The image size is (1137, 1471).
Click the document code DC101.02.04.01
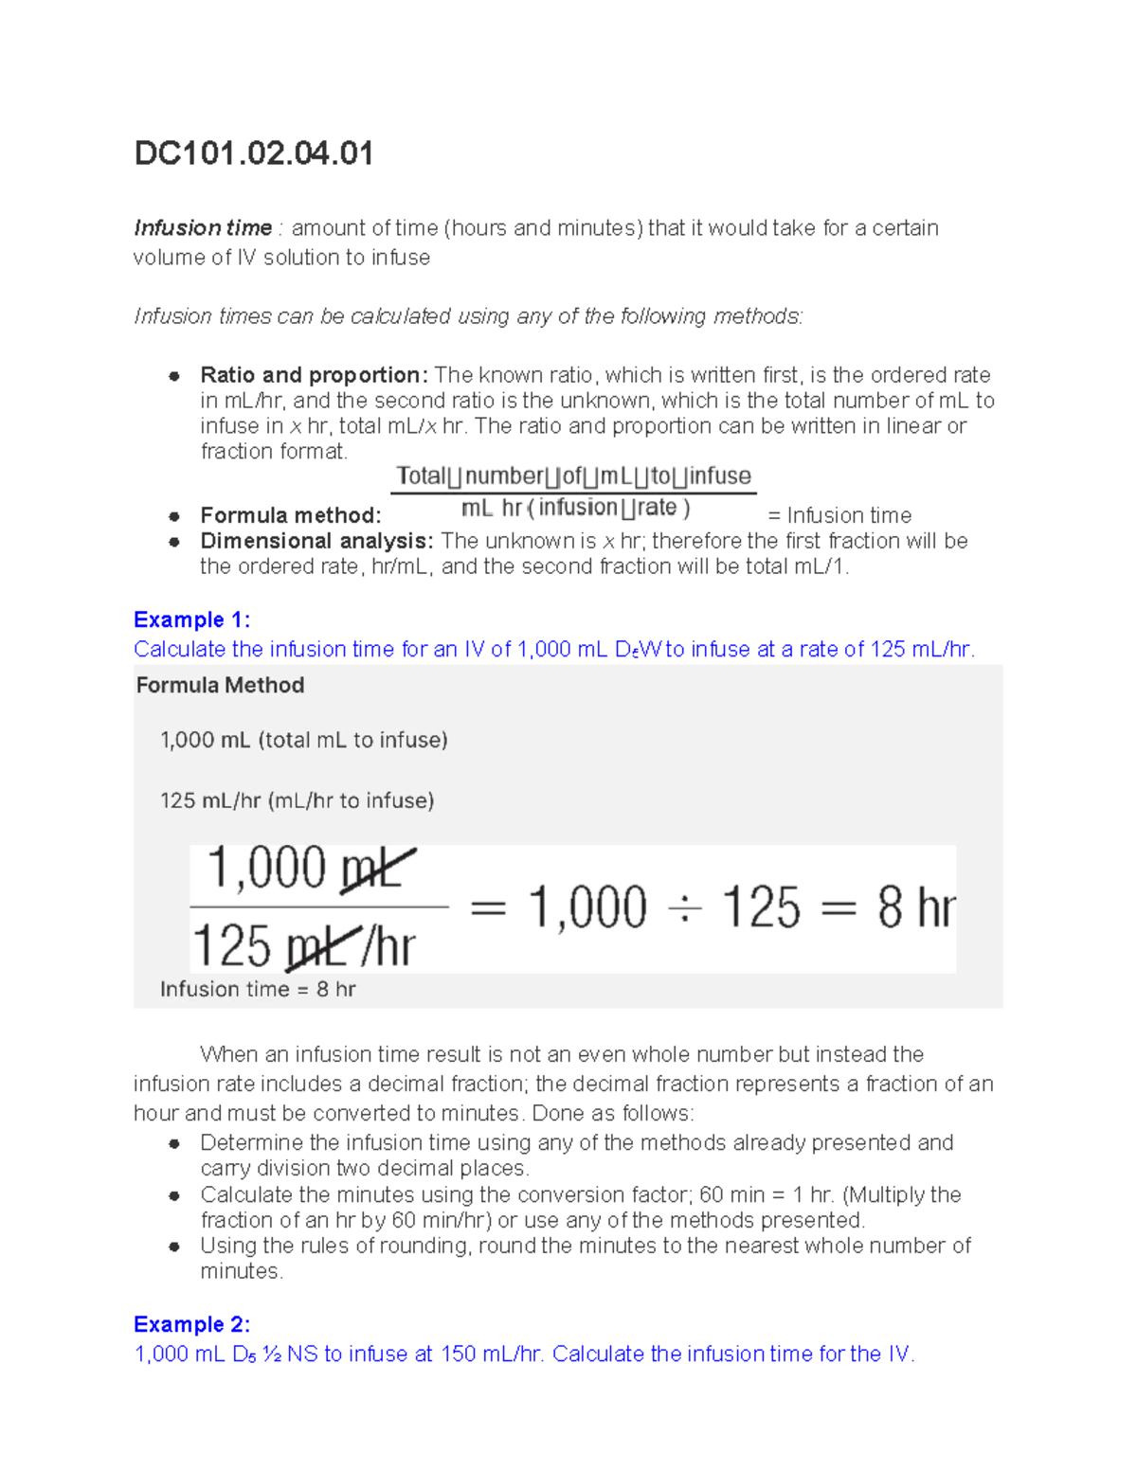[253, 153]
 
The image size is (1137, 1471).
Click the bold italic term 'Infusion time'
[203, 228]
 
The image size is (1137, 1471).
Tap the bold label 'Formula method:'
[290, 515]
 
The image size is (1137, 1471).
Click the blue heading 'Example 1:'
[191, 619]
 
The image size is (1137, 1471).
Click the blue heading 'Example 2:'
[191, 1324]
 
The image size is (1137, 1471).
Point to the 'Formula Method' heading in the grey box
[220, 685]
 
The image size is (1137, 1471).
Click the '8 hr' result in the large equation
[915, 907]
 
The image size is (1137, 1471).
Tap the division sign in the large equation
[684, 909]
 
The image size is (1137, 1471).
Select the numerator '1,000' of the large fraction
[267, 868]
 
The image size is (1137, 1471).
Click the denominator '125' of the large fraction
[231, 945]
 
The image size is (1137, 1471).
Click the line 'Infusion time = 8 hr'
[258, 989]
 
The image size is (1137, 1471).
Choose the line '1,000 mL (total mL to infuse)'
[303, 740]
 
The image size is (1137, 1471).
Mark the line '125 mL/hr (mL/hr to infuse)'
[297, 800]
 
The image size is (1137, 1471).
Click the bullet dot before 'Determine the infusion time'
[174, 1143]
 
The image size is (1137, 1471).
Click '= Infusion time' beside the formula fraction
[839, 515]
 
